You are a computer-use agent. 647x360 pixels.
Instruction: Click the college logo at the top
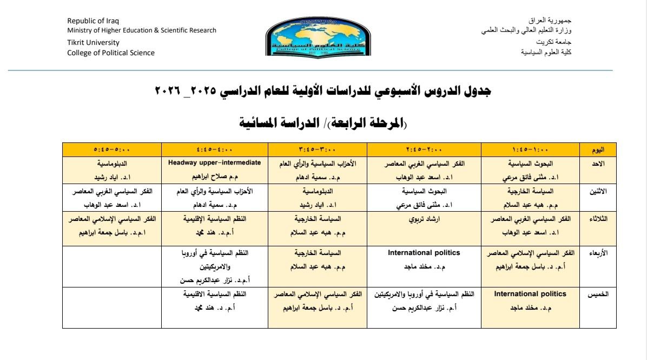click(x=310, y=36)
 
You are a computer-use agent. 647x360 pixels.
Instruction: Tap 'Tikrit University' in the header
click(x=93, y=42)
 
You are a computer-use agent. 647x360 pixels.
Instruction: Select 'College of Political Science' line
click(x=110, y=53)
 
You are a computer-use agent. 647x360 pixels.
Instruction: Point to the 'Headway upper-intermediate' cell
click(x=215, y=162)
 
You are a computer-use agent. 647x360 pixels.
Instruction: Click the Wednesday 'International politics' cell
click(x=424, y=252)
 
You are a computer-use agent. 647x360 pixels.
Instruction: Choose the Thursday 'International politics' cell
click(x=530, y=294)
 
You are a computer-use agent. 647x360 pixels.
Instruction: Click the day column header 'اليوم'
click(x=598, y=149)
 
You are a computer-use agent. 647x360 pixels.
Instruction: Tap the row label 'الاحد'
click(x=598, y=162)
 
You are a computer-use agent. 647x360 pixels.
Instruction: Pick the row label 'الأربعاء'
click(x=598, y=252)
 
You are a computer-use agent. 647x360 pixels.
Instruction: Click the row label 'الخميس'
click(x=598, y=294)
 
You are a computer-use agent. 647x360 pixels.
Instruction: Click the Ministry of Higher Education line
click(x=141, y=30)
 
